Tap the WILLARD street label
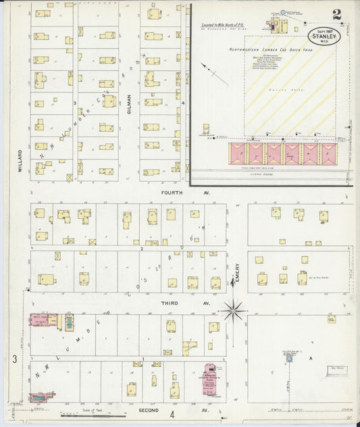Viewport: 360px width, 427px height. (21, 161)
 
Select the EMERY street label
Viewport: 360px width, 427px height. (238, 272)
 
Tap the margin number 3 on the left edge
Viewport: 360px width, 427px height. (14, 359)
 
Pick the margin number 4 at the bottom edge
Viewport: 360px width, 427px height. (172, 414)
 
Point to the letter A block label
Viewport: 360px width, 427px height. (311, 358)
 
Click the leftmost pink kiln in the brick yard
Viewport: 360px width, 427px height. (238, 153)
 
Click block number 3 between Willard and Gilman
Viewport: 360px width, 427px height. (74, 103)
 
